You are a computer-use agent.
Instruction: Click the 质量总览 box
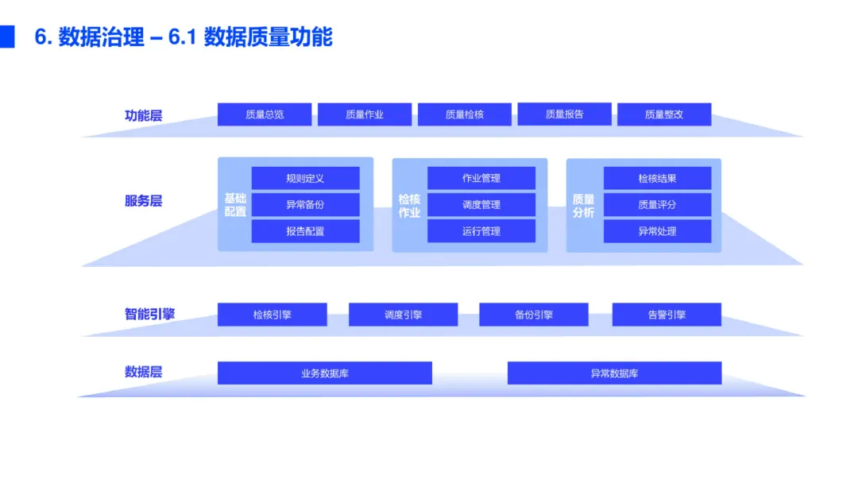[x=265, y=114]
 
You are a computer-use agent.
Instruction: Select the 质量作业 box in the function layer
[x=365, y=114]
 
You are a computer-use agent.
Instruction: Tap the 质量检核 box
[x=465, y=114]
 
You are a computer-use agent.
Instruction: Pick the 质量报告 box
[x=564, y=114]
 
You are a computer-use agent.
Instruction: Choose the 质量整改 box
[x=664, y=114]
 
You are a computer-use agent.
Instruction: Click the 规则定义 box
[x=305, y=178]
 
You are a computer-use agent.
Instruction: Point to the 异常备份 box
[x=305, y=205]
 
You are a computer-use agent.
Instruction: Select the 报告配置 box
[x=305, y=231]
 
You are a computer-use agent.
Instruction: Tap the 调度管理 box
[x=481, y=205]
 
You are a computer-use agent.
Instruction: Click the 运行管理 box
[x=481, y=231]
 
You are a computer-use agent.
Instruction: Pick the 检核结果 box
[x=657, y=178]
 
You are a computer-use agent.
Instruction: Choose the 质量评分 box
[x=657, y=205]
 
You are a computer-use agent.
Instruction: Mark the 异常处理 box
[x=657, y=231]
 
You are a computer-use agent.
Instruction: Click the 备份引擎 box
[x=534, y=315]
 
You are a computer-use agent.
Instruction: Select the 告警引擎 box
[x=667, y=315]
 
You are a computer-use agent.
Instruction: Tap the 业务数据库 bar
[x=325, y=373]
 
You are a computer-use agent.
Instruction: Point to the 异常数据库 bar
[x=614, y=373]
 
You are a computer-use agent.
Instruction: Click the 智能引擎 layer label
[x=149, y=314]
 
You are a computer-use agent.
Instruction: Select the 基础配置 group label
[x=235, y=205]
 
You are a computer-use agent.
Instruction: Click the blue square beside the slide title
[x=7, y=37]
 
